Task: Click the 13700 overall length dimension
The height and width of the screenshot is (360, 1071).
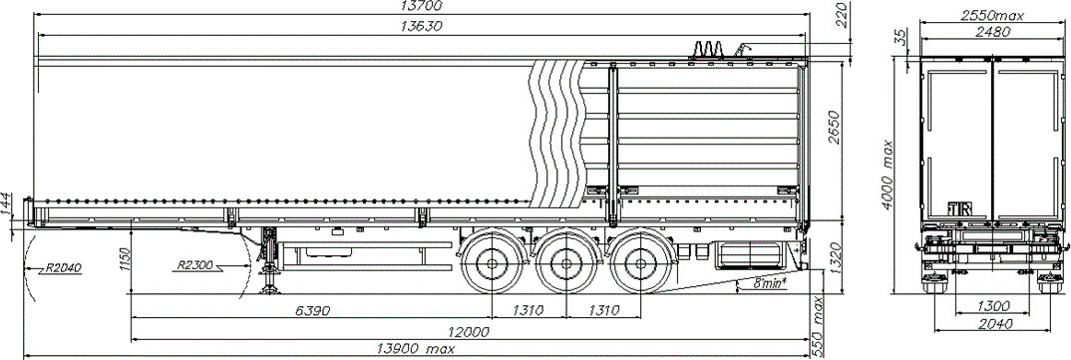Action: tap(421, 6)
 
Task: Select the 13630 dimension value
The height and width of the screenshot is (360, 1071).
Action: tap(421, 27)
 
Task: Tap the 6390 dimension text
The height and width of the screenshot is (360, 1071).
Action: tap(313, 311)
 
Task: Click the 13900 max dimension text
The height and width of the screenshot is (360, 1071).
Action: tap(416, 349)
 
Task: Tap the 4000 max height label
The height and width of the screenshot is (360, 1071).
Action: tap(888, 175)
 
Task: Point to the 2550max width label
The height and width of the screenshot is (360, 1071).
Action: tap(992, 15)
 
